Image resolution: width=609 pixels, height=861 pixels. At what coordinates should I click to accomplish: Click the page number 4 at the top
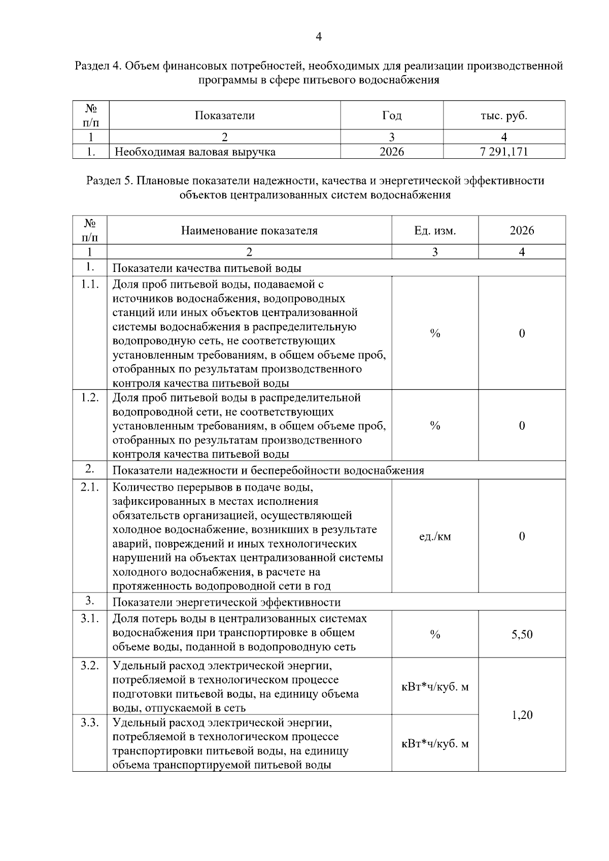pos(319,37)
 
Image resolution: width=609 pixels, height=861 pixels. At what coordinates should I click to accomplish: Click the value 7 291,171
pos(504,151)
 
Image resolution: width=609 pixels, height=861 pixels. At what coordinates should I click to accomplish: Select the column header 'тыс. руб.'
pos(504,115)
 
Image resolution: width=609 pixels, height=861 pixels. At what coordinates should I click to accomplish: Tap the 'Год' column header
pos(391,115)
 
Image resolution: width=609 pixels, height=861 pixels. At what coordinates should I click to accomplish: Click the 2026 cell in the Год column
pos(391,151)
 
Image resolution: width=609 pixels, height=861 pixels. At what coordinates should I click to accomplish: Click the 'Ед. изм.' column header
pos(435,230)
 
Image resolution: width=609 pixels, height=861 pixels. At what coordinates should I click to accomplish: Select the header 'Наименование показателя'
pos(249,230)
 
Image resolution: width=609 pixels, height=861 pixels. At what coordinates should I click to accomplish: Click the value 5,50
pos(522,634)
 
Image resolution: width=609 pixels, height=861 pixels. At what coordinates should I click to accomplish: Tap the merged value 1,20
pos(522,715)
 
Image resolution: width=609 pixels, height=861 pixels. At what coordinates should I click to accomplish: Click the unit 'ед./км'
pos(435,536)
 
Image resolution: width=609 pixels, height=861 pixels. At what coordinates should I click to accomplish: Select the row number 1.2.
pos(90,397)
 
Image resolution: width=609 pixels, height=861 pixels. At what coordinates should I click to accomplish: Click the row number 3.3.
pos(90,722)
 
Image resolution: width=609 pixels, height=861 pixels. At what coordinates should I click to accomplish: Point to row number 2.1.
pos(90,488)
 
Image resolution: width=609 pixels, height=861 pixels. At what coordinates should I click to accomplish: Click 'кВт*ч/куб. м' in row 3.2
pos(435,687)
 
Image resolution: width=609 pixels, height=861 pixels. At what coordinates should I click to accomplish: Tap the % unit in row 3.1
pos(435,634)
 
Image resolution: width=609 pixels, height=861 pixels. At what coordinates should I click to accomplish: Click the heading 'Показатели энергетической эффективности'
pos(226,602)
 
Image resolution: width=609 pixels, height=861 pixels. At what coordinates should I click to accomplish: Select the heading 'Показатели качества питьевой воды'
pos(207,268)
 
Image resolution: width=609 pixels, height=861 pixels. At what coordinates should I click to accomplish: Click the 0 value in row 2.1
pos(522,536)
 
